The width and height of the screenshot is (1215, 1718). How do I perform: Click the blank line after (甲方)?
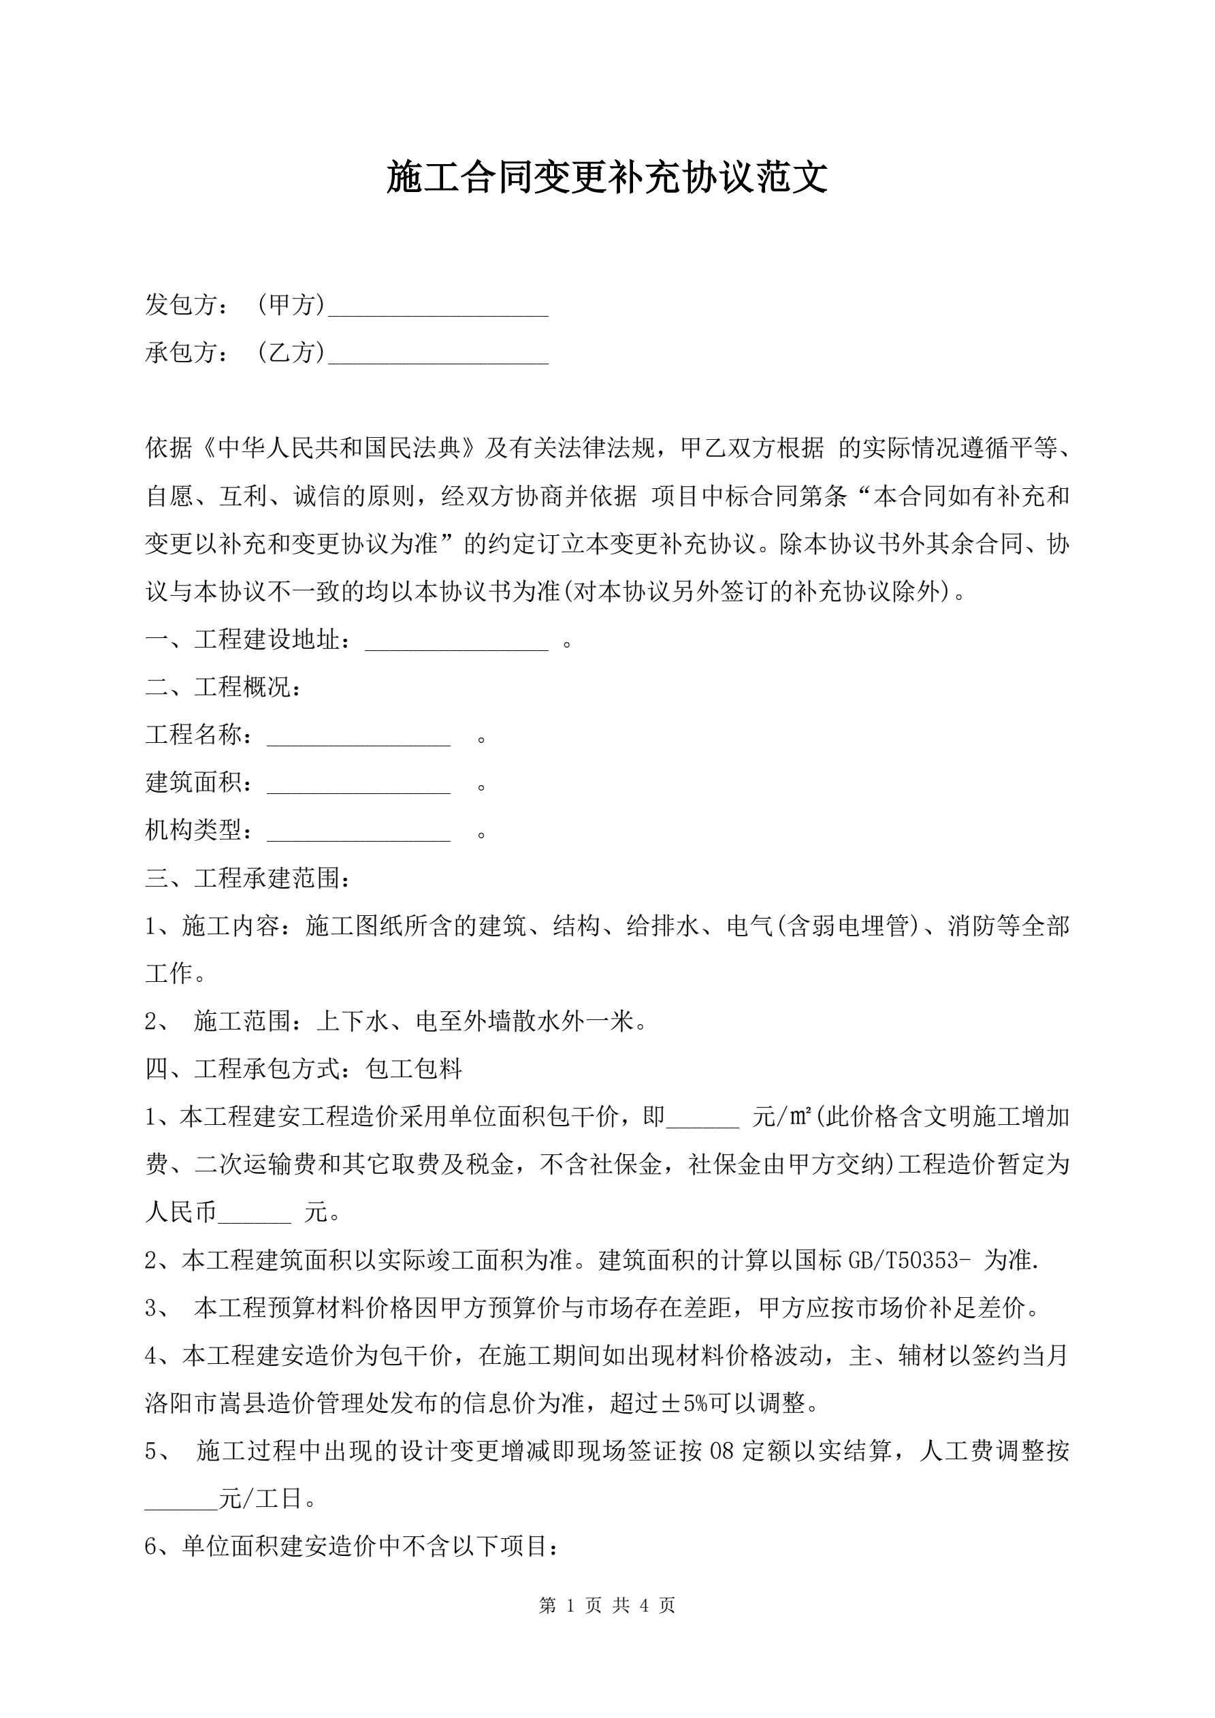pos(438,308)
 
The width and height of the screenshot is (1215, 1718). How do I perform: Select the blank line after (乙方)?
pos(438,356)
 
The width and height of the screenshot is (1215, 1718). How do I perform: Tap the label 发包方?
pos(182,304)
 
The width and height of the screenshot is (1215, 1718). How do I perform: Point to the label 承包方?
pos(182,353)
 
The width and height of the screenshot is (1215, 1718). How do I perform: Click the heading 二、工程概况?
pos(223,687)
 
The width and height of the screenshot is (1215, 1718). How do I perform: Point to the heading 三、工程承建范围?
pos(248,878)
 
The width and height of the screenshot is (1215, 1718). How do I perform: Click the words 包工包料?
pos(414,1069)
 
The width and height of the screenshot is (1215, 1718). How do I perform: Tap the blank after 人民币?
pos(255,1215)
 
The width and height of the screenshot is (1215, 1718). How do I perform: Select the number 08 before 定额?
pos(722,1452)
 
